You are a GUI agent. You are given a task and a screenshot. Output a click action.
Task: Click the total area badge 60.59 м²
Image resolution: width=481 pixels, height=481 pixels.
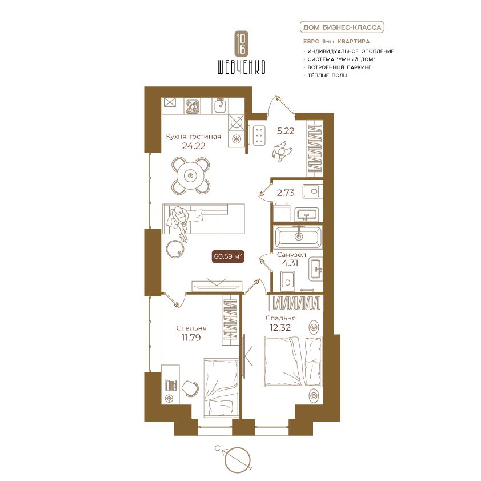[229, 256]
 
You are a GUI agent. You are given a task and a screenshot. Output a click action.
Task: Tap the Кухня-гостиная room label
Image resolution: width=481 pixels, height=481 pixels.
[193, 136]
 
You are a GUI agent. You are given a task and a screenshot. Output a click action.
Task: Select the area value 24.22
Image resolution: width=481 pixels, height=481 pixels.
[194, 146]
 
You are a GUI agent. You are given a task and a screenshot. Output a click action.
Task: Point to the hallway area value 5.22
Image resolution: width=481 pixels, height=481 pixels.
[286, 131]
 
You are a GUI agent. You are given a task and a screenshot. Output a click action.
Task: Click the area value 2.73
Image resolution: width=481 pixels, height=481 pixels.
[286, 193]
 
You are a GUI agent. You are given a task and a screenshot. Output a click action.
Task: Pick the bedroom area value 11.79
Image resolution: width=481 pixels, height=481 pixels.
[191, 338]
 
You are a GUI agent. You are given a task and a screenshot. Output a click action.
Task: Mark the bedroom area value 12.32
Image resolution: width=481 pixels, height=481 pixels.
[280, 328]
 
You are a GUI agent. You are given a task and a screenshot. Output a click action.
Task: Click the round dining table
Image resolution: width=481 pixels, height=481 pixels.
[191, 175]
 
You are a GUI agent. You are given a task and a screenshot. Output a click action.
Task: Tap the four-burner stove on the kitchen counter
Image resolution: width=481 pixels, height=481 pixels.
[193, 106]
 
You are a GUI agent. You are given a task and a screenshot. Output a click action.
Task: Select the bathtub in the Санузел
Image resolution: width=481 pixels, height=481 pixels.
[299, 237]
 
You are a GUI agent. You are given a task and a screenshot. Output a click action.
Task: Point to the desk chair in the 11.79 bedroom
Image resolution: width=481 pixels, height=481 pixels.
[190, 388]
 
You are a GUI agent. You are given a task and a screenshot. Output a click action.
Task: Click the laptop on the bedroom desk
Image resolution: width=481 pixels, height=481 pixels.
[171, 385]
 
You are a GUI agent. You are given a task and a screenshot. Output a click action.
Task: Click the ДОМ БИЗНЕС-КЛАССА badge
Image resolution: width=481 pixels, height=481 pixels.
[342, 27]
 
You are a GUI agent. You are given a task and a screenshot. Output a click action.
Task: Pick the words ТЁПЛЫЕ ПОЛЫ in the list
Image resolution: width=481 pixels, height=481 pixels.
[327, 75]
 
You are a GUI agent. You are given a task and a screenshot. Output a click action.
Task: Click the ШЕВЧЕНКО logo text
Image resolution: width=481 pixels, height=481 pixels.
[241, 66]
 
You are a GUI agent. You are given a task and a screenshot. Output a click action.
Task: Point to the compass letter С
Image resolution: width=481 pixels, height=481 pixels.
[218, 449]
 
